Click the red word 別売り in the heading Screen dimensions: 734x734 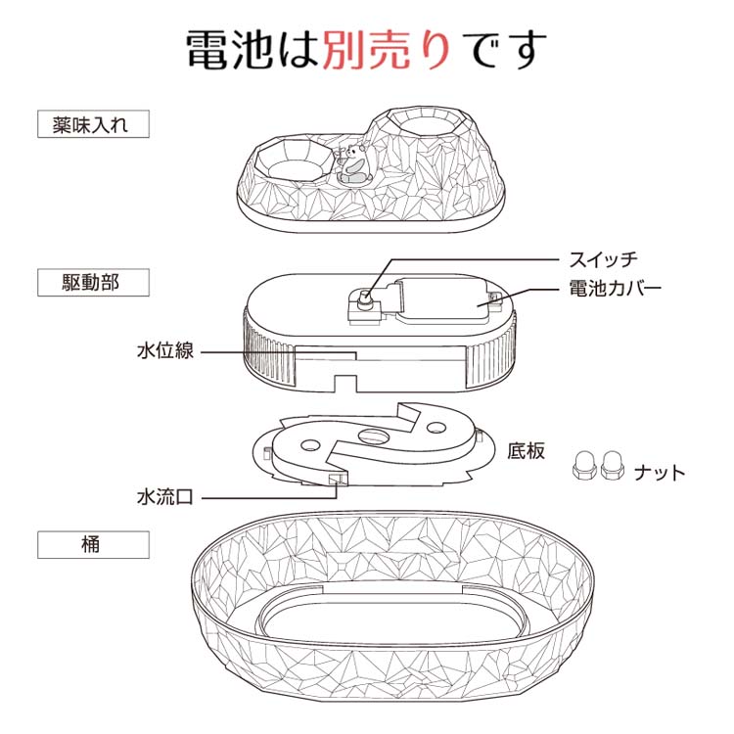pos(387,50)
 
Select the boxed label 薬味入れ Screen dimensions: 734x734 pos(93,124)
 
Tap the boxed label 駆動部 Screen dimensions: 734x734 pos(93,282)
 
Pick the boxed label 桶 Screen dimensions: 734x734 pos(93,544)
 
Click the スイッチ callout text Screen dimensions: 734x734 pos(604,259)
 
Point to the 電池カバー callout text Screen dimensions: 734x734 pos(616,288)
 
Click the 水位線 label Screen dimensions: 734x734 pos(165,350)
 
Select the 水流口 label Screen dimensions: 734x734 pos(165,496)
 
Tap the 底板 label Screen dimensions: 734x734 pos(527,451)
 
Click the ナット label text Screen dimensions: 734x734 pos(660,473)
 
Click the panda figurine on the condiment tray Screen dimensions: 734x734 pos(354,163)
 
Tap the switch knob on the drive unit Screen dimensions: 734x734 pos(364,299)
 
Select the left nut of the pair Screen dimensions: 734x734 pos(583,465)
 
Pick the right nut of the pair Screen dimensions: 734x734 pos(613,465)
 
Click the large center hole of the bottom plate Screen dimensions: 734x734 pos(374,436)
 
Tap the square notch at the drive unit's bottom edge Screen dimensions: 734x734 pos(344,383)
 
